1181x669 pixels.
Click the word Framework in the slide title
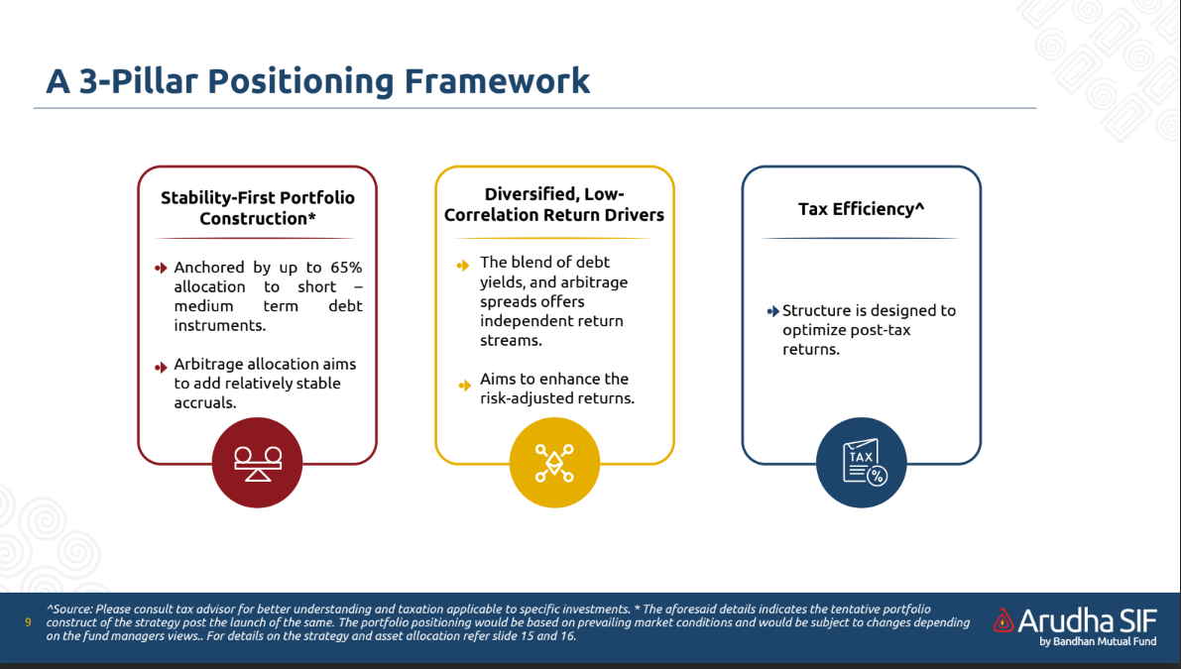[497, 81]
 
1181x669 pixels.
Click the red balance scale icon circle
[257, 463]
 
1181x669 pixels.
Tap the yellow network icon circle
[554, 463]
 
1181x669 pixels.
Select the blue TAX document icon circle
[861, 463]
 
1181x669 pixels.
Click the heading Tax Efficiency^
[861, 209]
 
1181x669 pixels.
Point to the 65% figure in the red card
[346, 268]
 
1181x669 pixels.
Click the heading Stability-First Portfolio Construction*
[258, 208]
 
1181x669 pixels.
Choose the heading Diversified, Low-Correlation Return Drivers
[554, 205]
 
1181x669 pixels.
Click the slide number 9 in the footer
[28, 622]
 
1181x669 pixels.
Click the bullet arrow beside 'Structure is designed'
[772, 311]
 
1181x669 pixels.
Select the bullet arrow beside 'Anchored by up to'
[161, 268]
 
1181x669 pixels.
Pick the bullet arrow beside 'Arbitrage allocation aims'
[161, 368]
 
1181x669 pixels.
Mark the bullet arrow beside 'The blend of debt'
[463, 266]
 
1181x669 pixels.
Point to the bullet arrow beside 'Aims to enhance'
[465, 386]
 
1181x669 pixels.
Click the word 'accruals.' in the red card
[205, 402]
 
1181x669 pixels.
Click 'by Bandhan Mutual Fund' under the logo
[1098, 642]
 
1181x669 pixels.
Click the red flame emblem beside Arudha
[1004, 620]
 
